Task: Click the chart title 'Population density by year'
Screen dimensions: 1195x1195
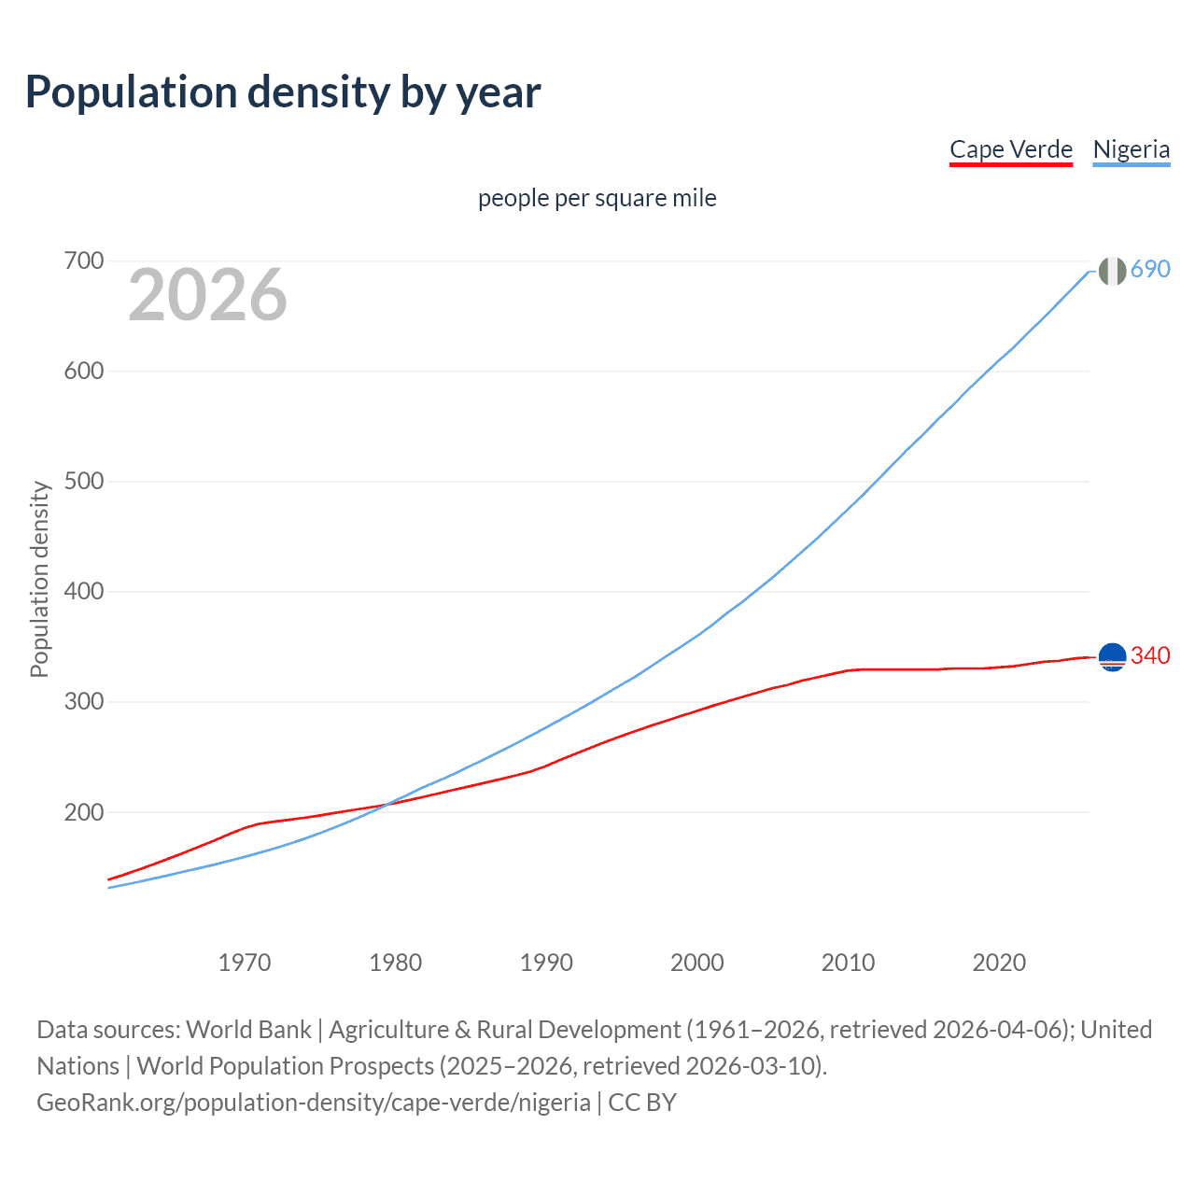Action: (283, 91)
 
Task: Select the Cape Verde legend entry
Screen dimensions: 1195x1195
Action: (1010, 149)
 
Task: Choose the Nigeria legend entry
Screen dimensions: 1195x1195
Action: (1131, 149)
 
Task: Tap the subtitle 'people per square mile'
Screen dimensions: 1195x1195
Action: (597, 198)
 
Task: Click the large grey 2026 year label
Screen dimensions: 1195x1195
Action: (207, 295)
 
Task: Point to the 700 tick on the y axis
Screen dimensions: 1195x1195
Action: (83, 260)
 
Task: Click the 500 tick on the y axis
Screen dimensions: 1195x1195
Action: (83, 481)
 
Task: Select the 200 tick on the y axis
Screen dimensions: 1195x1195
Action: (83, 812)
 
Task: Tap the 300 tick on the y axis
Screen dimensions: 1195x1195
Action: (83, 701)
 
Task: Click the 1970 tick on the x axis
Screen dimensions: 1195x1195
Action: (245, 963)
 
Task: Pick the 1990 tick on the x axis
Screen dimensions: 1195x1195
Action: (546, 963)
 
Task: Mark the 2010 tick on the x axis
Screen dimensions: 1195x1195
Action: (848, 963)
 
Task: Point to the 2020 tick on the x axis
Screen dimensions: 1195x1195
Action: (999, 963)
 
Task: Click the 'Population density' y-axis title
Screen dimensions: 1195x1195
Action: (39, 579)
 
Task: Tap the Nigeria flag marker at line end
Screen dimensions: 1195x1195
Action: (1112, 271)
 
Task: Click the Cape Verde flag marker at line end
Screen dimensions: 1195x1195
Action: (1112, 657)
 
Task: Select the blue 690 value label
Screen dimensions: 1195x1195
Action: (1150, 269)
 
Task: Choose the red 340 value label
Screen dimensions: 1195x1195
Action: (1150, 655)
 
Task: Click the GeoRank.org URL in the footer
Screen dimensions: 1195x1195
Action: (314, 1103)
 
